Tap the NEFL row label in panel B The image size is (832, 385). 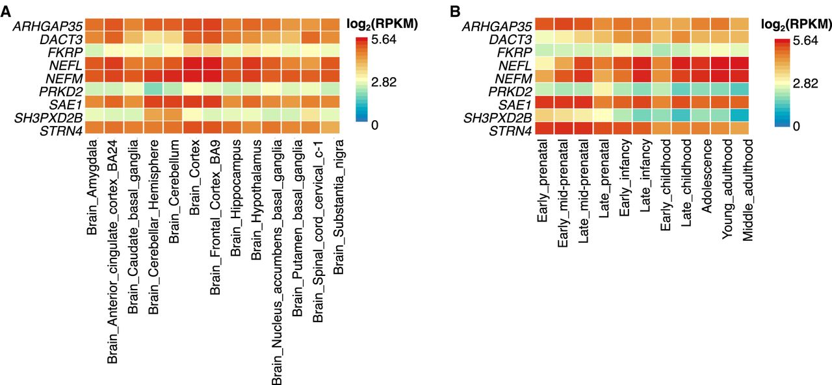[x=517, y=65]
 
